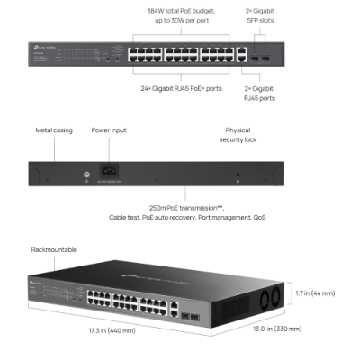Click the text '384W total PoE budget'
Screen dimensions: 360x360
tap(186, 10)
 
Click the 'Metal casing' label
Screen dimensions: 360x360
tap(54, 130)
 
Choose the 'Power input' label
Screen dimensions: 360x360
tap(109, 130)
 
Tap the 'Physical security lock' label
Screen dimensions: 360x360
tap(238, 134)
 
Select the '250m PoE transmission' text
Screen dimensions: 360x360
tap(186, 206)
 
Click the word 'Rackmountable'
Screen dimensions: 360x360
tap(54, 249)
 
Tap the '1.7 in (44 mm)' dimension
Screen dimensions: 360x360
tap(315, 293)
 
